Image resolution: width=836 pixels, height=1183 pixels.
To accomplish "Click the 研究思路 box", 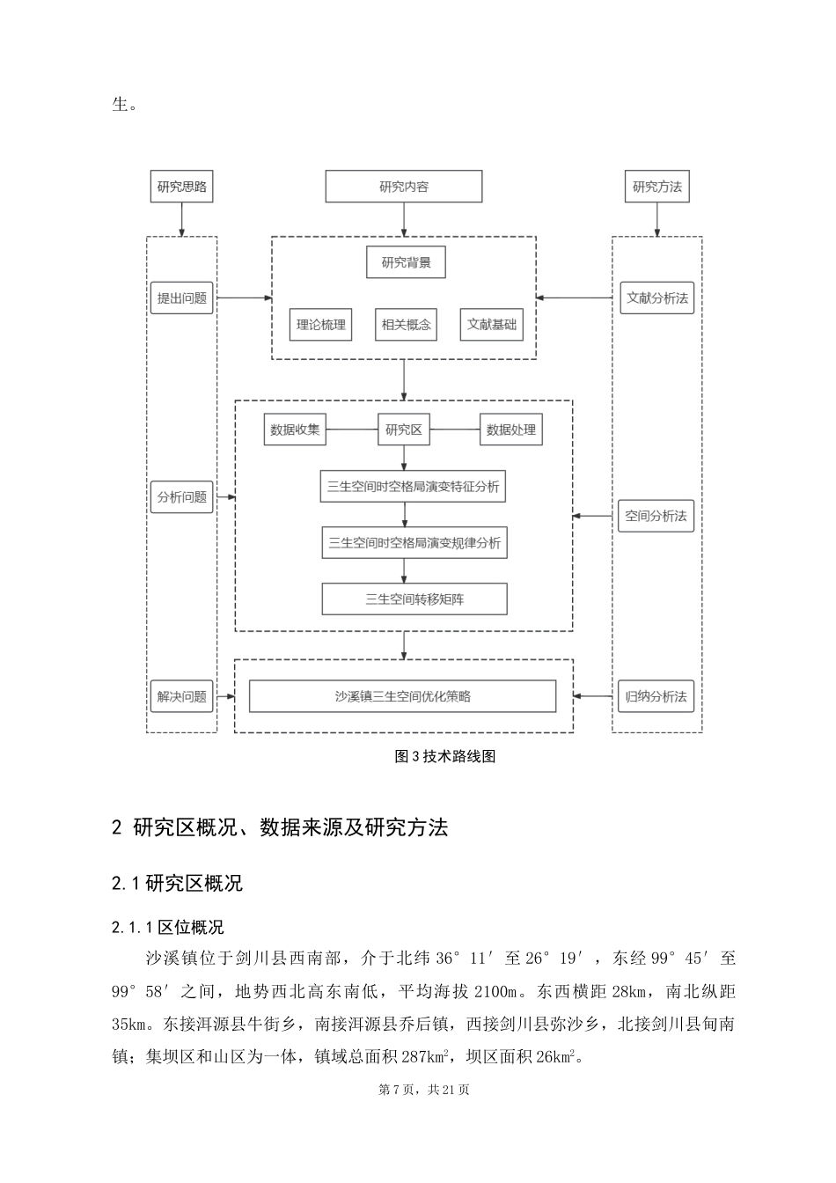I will coord(182,187).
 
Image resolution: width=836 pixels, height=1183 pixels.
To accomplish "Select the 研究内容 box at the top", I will coord(404,187).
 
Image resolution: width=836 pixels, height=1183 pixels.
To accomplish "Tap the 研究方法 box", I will coord(657,187).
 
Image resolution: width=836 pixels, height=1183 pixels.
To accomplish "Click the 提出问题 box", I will coord(182,298).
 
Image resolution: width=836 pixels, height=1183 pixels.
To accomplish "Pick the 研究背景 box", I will coord(406,262).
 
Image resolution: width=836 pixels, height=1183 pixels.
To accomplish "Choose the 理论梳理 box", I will coord(320,324).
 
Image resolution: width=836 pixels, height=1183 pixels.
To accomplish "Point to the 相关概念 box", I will coord(406,324).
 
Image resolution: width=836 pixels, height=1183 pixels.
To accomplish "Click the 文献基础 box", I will coord(492,324).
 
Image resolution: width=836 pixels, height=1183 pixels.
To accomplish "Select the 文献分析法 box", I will coord(657,298).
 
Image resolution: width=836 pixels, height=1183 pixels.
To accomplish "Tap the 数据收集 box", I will coord(295,430).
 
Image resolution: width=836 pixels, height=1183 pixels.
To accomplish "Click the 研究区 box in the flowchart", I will coord(404,430).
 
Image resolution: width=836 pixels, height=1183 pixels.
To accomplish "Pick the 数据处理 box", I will coord(510,430).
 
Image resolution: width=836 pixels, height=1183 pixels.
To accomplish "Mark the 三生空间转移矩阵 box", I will coord(414,599).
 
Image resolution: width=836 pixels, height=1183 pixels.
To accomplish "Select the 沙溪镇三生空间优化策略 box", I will coord(403,696).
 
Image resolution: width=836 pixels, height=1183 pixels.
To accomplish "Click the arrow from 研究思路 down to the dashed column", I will coord(182,219).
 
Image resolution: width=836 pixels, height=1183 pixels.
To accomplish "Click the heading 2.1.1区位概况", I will coord(168,927).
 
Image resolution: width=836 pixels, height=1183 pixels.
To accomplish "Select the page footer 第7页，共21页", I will coord(424,1090).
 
